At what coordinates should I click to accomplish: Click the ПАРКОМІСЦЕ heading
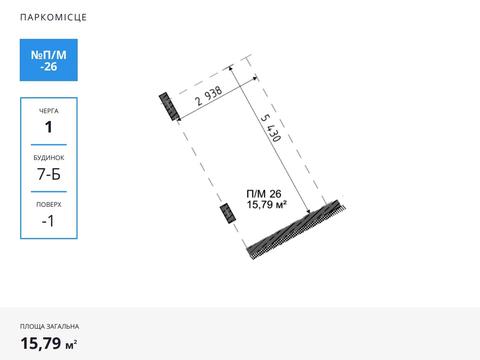[x=53, y=17]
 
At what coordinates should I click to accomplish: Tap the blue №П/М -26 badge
[x=49, y=60]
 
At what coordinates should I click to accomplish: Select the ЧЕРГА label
[x=49, y=111]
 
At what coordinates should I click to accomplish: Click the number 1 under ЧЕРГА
[x=49, y=127]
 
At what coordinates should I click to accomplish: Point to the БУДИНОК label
[x=49, y=158]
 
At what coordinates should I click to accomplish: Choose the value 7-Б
[x=49, y=174]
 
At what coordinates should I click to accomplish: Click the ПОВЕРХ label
[x=49, y=204]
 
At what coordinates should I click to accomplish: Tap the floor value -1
[x=48, y=221]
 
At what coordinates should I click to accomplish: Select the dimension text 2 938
[x=209, y=96]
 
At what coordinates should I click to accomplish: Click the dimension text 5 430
[x=271, y=128]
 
